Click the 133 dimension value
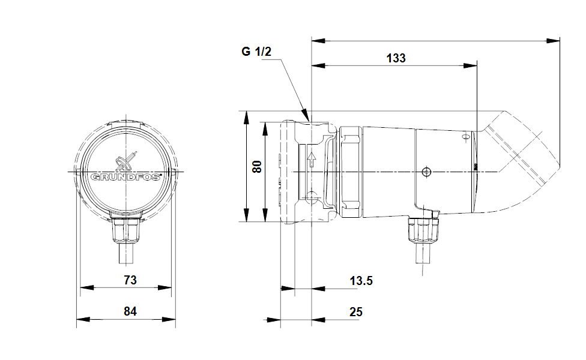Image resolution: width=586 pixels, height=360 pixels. pos(396,58)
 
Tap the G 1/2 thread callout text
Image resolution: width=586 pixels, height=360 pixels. pos(256,51)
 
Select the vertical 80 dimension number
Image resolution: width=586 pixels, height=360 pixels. pos(257,166)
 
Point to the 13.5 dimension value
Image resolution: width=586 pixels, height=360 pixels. pos(361,280)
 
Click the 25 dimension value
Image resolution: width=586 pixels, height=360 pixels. pos(356,312)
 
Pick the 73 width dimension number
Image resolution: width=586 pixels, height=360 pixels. pos(130,280)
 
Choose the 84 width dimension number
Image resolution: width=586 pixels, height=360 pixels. pos(130,311)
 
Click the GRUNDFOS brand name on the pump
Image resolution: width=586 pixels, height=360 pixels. pos(126,176)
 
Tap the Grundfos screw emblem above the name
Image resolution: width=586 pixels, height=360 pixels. pos(126,161)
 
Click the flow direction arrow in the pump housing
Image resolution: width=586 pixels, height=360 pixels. pos(311,160)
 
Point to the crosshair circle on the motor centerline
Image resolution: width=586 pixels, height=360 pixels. pos(426,172)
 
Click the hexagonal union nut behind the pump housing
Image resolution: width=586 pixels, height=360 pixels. pos(351,172)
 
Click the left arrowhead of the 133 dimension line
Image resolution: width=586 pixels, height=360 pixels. pos(318,66)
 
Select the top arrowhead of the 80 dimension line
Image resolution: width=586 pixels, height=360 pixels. pos(246,118)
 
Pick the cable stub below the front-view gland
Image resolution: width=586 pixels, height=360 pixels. pos(126,253)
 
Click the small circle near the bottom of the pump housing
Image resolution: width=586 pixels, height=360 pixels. pos(311,196)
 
